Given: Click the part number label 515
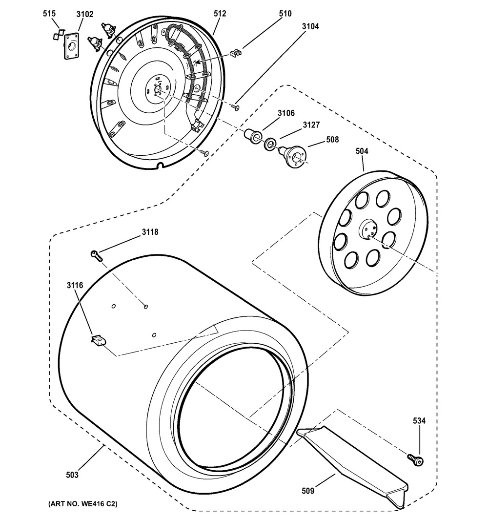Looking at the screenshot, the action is [x=49, y=14].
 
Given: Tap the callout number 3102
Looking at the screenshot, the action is [x=85, y=14].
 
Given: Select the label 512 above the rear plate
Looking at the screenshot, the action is [x=220, y=13].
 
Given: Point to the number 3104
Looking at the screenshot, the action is [x=310, y=26].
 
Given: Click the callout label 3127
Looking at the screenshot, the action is [x=311, y=125].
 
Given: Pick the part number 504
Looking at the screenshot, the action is [x=362, y=151].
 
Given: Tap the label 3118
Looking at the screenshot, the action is [x=150, y=232].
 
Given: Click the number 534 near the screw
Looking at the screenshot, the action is [x=419, y=421].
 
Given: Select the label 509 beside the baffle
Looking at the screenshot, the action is [x=308, y=491].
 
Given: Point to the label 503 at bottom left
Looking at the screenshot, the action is [x=72, y=475].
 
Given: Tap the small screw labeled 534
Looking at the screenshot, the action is [x=416, y=459].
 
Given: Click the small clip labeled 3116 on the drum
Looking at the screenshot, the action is [x=98, y=340].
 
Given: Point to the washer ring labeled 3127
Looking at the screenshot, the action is [x=270, y=144].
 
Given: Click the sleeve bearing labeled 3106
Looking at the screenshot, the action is [x=253, y=136].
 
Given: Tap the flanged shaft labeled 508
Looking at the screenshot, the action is [x=292, y=155].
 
